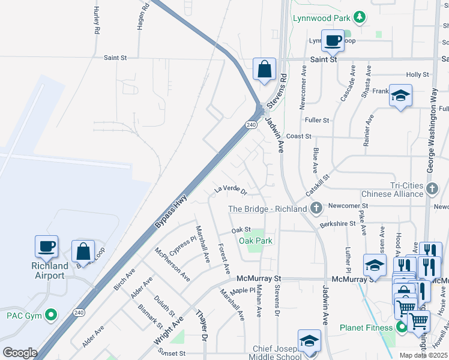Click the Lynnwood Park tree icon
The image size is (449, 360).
tap(360, 17)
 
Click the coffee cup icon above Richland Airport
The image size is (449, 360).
tap(46, 246)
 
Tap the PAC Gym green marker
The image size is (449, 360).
tap(51, 314)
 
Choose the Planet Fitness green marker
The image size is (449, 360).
tap(400, 327)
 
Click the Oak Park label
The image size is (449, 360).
tap(256, 241)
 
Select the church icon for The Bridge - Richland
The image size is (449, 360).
tap(317, 208)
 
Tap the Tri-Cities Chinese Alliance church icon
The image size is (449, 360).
tap(432, 189)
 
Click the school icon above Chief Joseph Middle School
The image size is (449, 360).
tap(309, 341)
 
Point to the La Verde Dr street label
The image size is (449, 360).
tap(231, 191)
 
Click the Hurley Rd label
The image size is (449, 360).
tap(96, 20)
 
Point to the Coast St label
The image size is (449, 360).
tap(298, 136)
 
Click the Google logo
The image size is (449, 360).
tap(20, 352)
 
